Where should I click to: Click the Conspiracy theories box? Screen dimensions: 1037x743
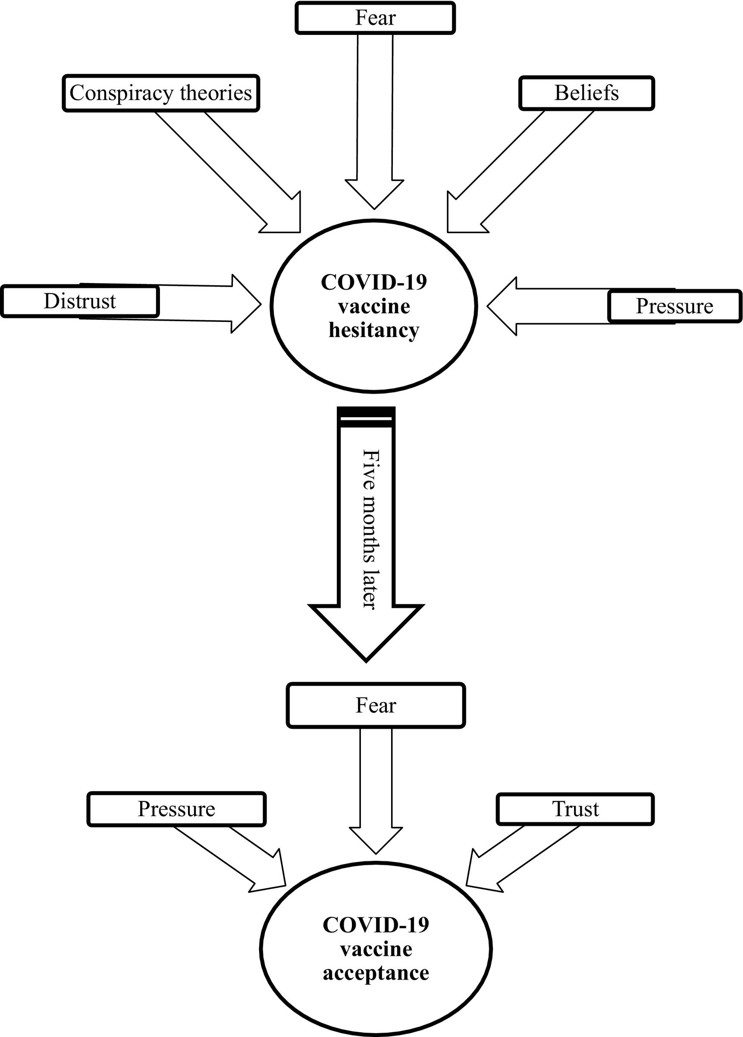click(160, 93)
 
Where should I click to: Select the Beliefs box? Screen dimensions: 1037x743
click(586, 93)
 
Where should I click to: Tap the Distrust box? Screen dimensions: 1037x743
click(80, 301)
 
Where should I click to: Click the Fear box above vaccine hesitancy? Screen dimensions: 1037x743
click(375, 18)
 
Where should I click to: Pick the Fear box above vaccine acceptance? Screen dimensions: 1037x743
click(376, 706)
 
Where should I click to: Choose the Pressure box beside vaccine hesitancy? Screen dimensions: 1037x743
click(674, 306)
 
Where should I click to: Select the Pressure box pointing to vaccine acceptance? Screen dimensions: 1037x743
click(176, 809)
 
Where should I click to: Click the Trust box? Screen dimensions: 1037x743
click(575, 809)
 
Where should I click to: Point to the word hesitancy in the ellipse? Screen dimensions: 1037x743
click(374, 330)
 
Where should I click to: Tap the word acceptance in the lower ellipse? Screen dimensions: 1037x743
click(376, 973)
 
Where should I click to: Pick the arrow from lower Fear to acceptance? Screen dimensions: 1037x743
click(376, 800)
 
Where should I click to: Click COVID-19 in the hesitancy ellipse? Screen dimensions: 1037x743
click(374, 282)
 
